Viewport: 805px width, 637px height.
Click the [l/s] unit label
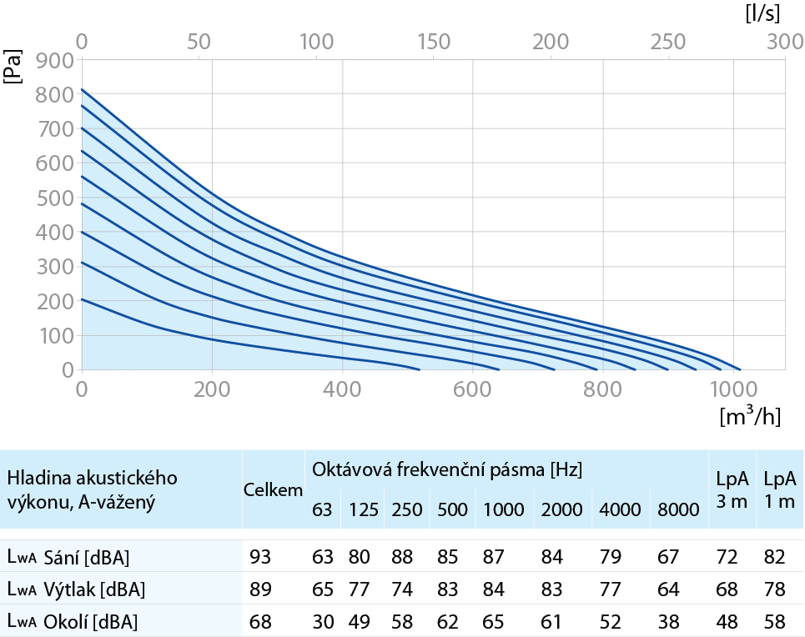click(763, 14)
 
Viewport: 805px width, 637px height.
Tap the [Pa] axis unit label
click(13, 67)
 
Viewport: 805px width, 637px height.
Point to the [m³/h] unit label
click(751, 416)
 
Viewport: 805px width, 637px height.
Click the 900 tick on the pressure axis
click(55, 61)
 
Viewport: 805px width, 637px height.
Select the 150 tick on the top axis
click(434, 42)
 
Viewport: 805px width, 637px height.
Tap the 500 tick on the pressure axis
click(55, 198)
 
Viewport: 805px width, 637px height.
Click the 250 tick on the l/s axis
click(668, 42)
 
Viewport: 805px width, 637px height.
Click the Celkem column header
click(273, 489)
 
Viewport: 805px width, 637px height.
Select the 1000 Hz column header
click(504, 509)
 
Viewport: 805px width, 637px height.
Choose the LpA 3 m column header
click(732, 489)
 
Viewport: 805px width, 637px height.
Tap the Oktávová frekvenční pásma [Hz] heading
click(447, 469)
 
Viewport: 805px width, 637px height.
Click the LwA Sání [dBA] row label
click(68, 557)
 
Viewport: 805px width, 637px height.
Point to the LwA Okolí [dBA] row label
click(73, 622)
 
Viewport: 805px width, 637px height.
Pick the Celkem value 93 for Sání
click(260, 557)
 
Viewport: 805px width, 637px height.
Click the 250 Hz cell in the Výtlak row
click(402, 589)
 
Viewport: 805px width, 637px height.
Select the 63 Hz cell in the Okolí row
click(323, 622)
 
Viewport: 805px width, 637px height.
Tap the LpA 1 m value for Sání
click(774, 557)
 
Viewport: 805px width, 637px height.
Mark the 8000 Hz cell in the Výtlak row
click(668, 589)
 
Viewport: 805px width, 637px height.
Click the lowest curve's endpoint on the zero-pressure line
click(420, 369)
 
